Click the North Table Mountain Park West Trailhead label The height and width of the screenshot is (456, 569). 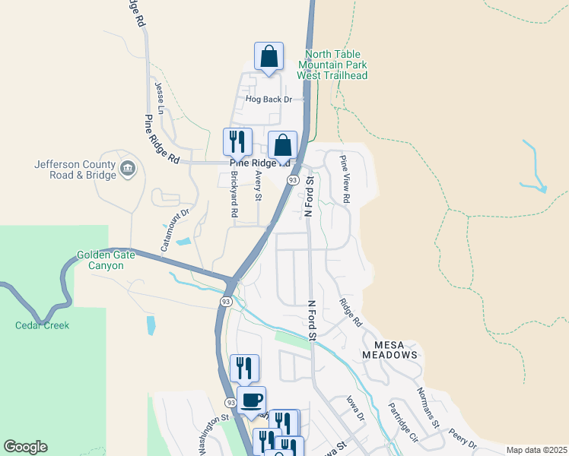coord(336,65)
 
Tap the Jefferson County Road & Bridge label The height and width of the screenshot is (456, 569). coord(75,169)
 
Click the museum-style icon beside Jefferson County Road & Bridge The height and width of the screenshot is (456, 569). coord(127,166)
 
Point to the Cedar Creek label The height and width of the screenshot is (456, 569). coord(42,325)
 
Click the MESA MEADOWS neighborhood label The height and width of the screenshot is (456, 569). coord(389,349)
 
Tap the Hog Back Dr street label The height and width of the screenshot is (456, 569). coord(268,100)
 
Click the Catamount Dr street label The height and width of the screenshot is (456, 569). coord(173,214)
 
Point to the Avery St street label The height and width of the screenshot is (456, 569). coord(259,186)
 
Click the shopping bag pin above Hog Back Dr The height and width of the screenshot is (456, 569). coord(269,57)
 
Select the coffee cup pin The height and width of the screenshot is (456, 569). coord(252,401)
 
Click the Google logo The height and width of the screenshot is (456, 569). coord(25,447)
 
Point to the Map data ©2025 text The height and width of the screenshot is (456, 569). coord(536,450)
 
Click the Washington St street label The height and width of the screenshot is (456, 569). coord(214,434)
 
